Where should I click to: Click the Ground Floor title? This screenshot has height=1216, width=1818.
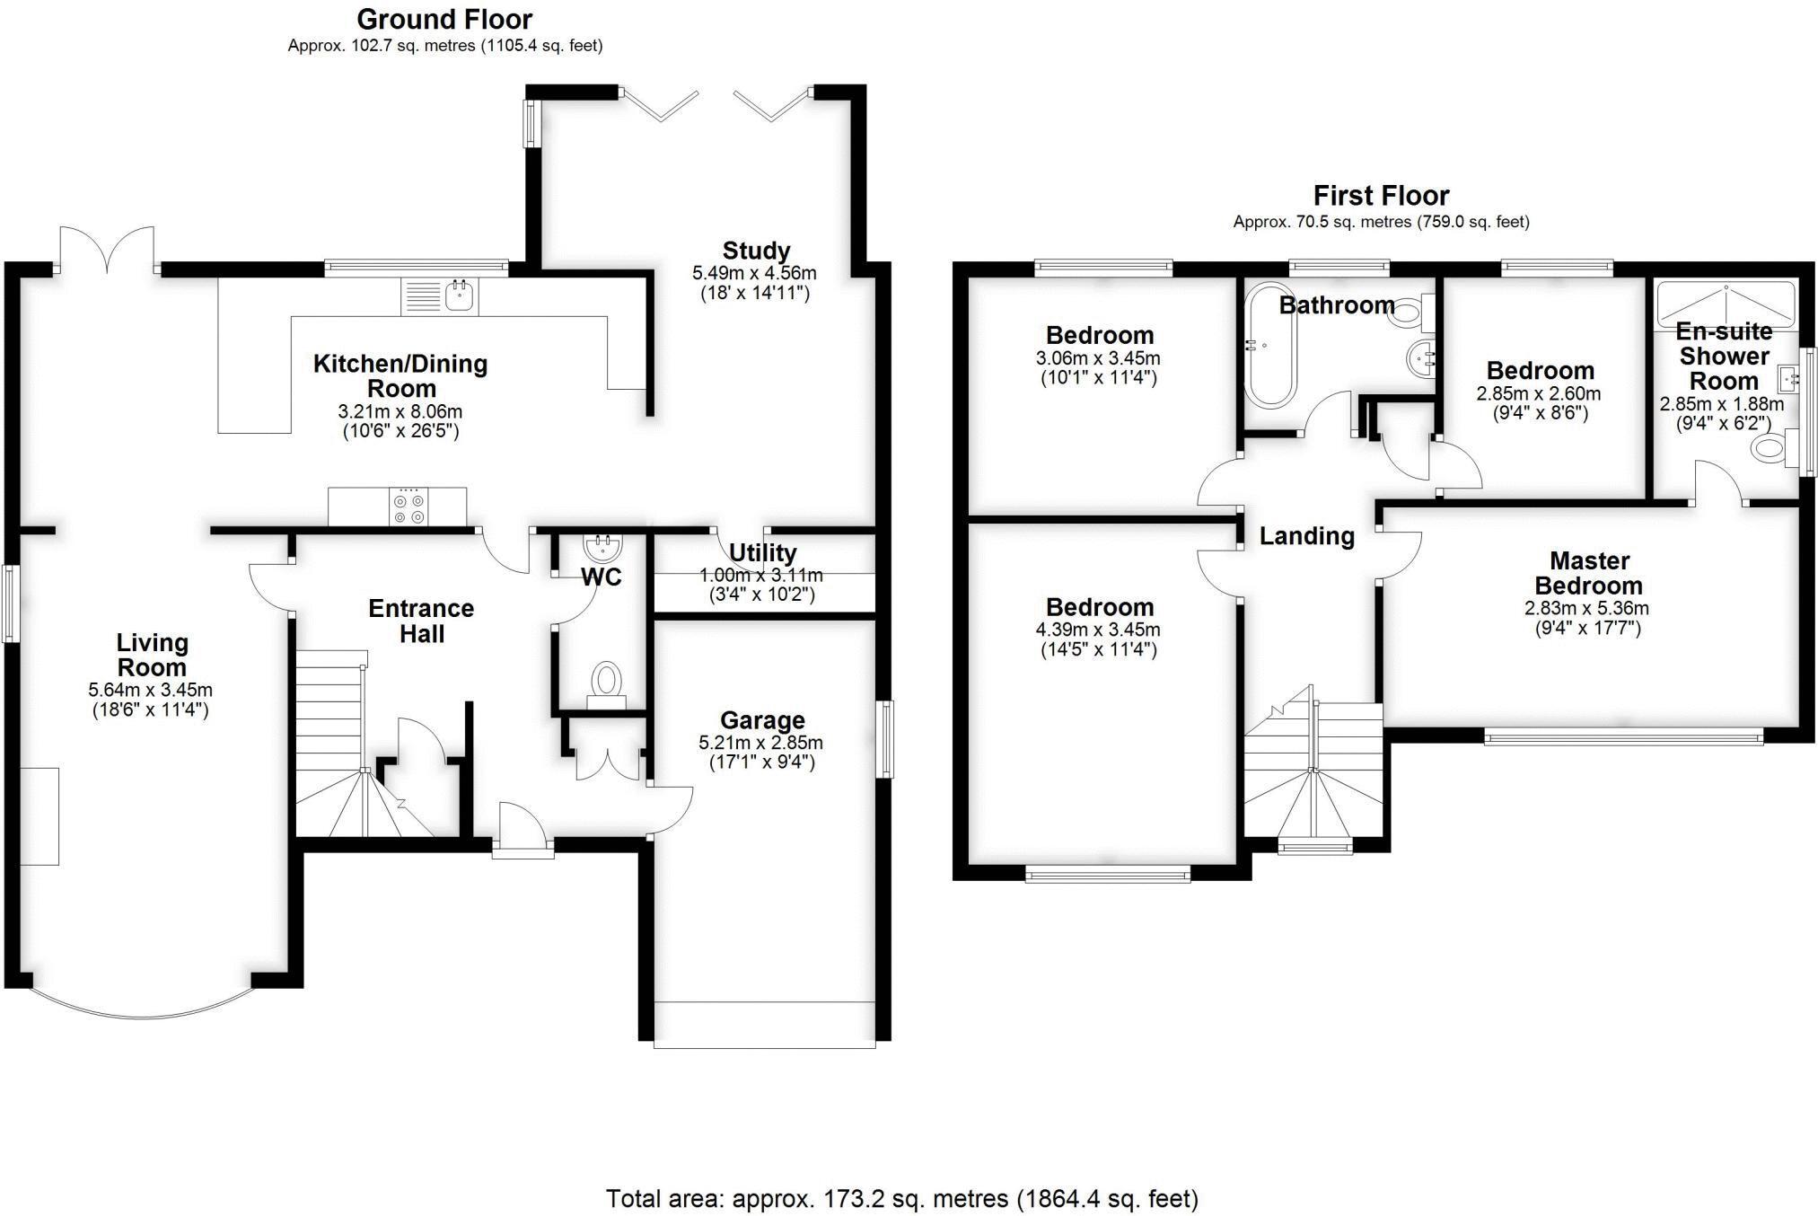pyautogui.click(x=444, y=19)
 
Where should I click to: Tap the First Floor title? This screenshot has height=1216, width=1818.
pyautogui.click(x=1381, y=195)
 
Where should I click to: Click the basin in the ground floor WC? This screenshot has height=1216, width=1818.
pyautogui.click(x=599, y=545)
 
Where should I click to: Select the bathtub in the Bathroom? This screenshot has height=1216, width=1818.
pyautogui.click(x=1269, y=346)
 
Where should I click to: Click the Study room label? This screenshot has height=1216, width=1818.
pyautogui.click(x=756, y=251)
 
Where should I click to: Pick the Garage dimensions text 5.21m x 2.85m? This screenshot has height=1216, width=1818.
pyautogui.click(x=760, y=743)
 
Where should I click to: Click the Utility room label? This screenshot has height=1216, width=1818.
pyautogui.click(x=762, y=552)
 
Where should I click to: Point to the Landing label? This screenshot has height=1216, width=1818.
pyautogui.click(x=1306, y=536)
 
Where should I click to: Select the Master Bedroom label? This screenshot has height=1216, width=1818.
pyautogui.click(x=1588, y=573)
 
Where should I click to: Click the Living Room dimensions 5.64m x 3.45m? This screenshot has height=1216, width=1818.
pyautogui.click(x=150, y=690)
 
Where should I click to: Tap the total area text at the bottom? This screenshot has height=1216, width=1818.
pyautogui.click(x=901, y=1198)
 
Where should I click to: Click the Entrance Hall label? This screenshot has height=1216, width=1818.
pyautogui.click(x=421, y=621)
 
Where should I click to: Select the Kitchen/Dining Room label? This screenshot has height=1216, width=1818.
pyautogui.click(x=400, y=375)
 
